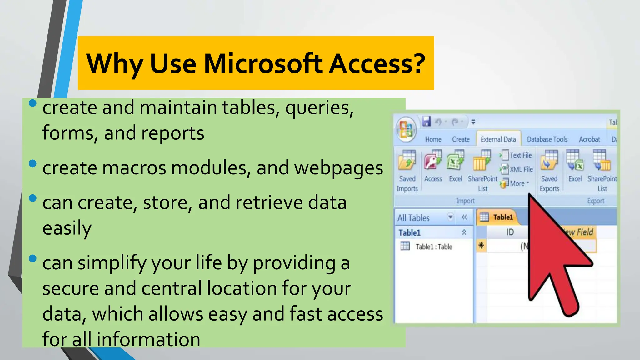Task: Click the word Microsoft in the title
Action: pyautogui.click(x=263, y=63)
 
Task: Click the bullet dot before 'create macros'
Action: pyautogui.click(x=32, y=164)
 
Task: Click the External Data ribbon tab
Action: pyautogui.click(x=498, y=139)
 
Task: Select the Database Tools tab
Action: pyautogui.click(x=547, y=139)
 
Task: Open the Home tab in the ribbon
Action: pyautogui.click(x=433, y=139)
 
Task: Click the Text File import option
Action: pyautogui.click(x=517, y=155)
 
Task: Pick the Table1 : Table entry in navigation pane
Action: pyautogui.click(x=433, y=247)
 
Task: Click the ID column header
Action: pyautogui.click(x=510, y=232)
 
